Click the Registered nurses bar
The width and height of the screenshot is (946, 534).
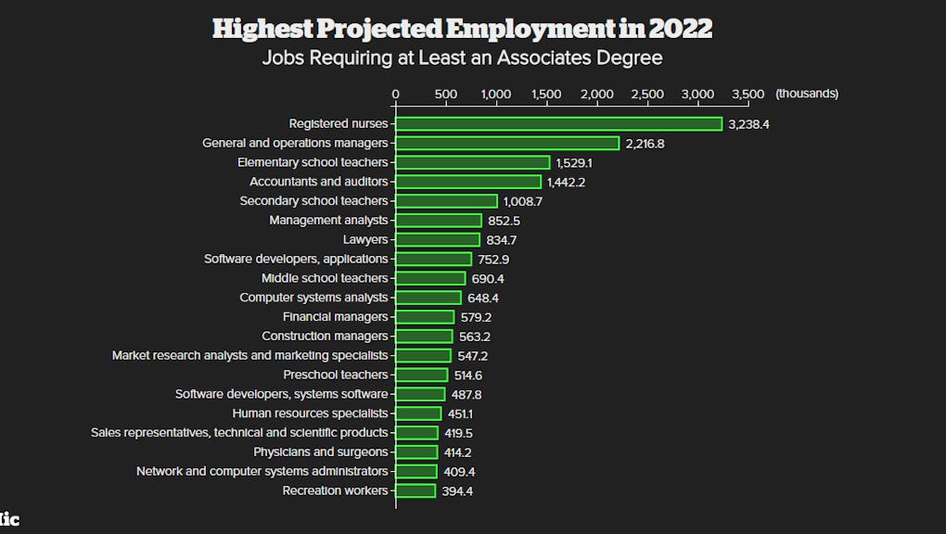pos(558,124)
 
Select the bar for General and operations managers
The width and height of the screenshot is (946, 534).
pos(507,143)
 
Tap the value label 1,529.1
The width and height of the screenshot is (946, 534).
pos(574,163)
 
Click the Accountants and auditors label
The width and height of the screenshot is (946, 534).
pos(318,182)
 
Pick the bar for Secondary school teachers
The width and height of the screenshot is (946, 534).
pos(446,201)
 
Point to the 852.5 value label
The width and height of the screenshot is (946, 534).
pos(504,221)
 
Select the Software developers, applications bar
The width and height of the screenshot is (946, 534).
pos(433,260)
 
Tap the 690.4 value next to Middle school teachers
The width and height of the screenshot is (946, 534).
pos(488,279)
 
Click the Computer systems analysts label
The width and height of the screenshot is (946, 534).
pos(313,298)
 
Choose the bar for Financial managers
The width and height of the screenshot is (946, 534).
pos(425,317)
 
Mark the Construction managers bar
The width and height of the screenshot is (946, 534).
pos(424,337)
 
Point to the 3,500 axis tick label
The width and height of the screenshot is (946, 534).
pos(748,94)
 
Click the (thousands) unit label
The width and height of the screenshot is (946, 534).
pos(807,94)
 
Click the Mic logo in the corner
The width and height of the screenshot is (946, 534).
pos(9,520)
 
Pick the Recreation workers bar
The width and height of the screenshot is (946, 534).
pos(415,490)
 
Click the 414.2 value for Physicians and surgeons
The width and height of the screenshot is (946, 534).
pos(458,452)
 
